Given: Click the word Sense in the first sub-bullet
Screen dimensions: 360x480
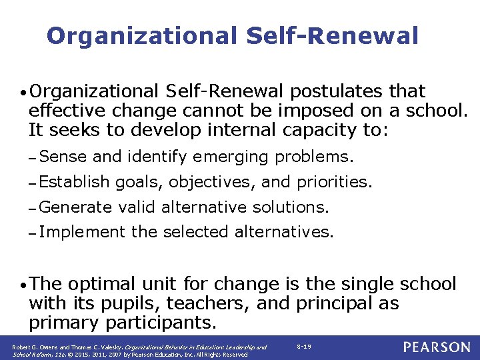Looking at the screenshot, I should click(x=63, y=157).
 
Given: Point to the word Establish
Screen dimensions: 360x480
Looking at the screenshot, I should click(x=74, y=182).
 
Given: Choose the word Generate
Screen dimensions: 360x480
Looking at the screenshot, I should click(x=75, y=207).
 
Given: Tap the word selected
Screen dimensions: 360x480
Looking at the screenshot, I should click(x=196, y=232).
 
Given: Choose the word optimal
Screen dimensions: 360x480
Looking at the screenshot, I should click(x=103, y=285).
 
